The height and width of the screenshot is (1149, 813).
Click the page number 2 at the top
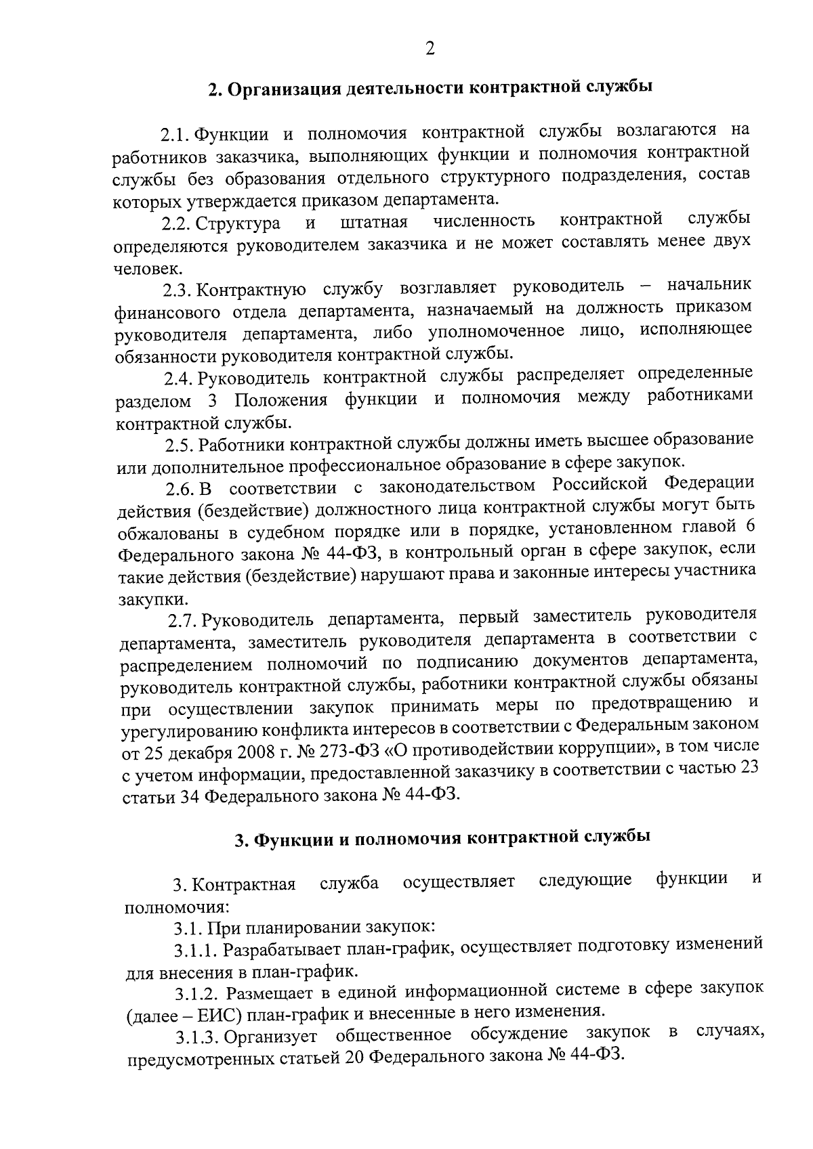pyautogui.click(x=430, y=49)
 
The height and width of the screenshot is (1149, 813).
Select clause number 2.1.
pyautogui.click(x=176, y=133)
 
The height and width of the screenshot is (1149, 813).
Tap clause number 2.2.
pyautogui.click(x=178, y=224)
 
